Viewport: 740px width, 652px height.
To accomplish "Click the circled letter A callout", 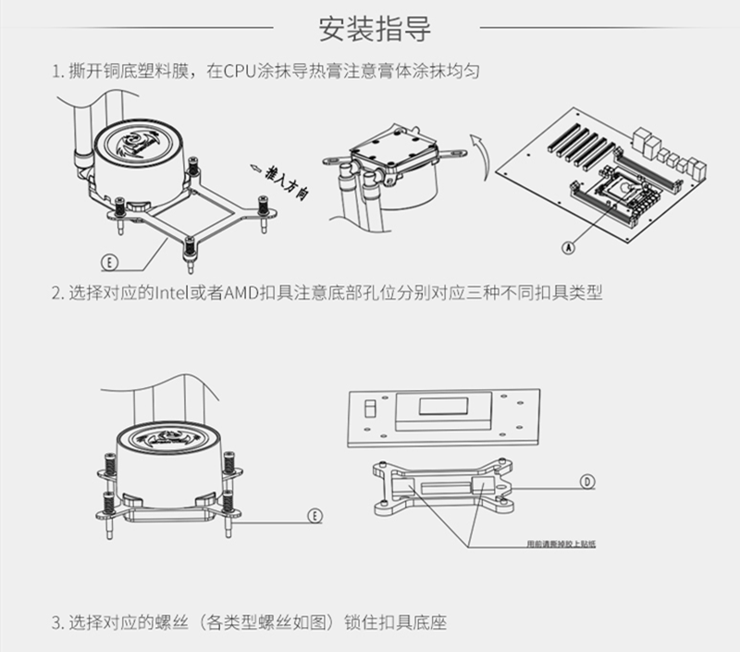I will click(x=568, y=247).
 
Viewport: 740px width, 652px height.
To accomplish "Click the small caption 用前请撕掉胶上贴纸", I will click(x=560, y=544).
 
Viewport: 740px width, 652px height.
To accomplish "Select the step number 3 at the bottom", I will click(x=56, y=621).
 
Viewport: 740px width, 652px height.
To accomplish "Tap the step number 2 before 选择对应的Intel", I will click(x=56, y=294).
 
